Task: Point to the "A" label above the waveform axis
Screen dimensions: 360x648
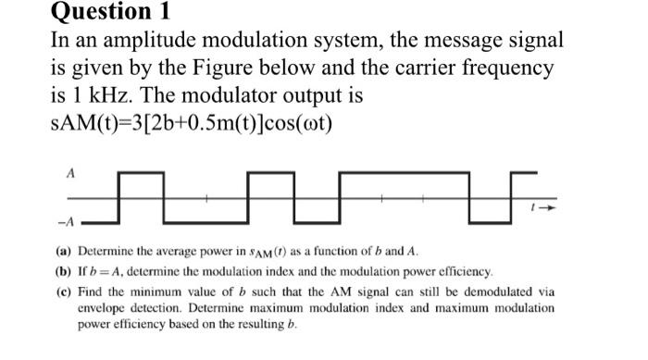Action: pyautogui.click(x=70, y=172)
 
